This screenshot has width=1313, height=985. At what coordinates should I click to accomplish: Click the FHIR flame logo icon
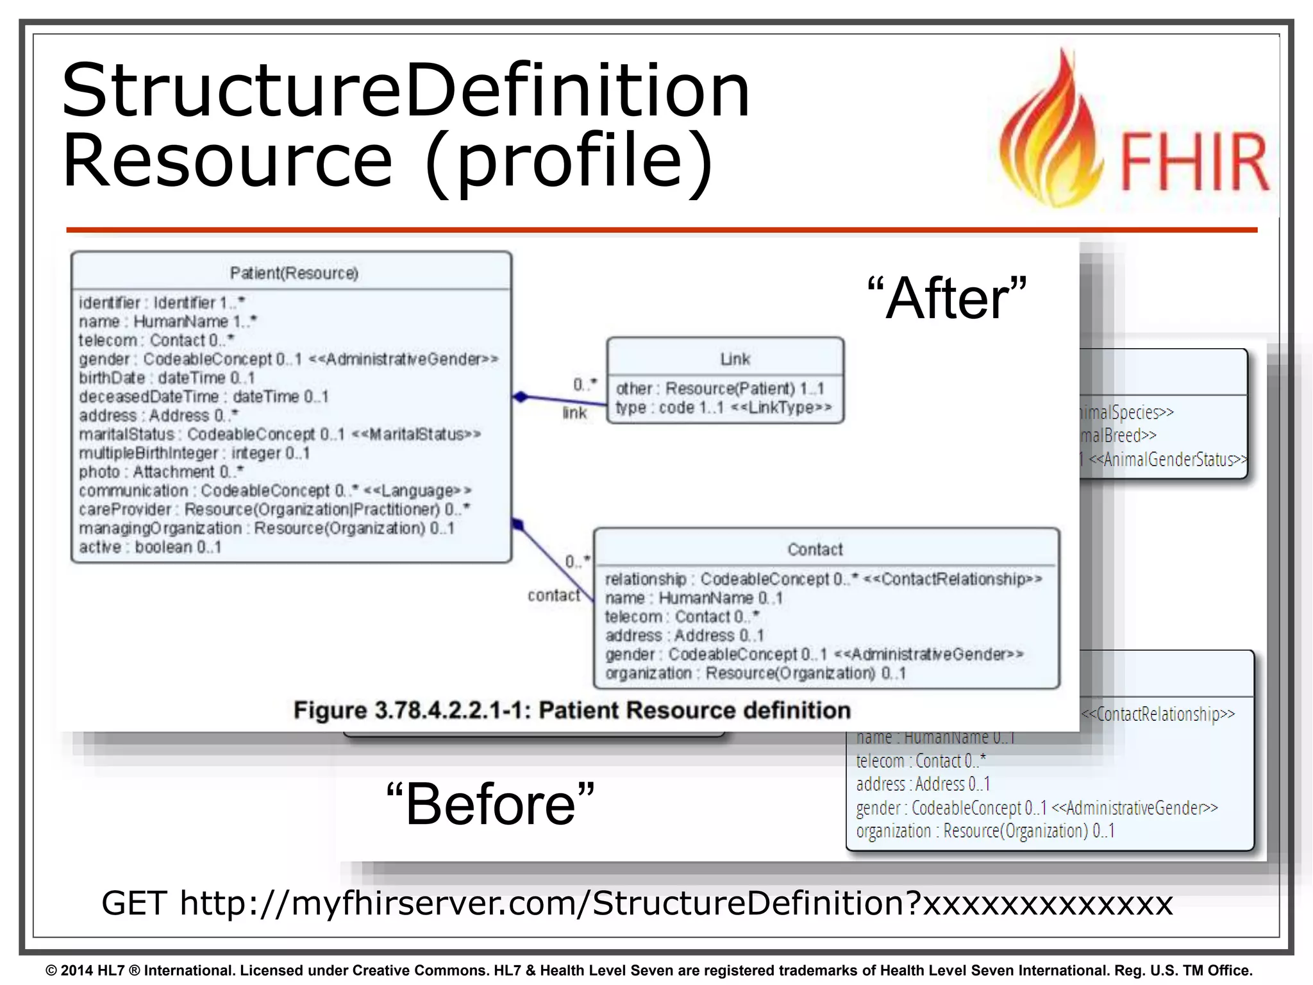[1051, 135]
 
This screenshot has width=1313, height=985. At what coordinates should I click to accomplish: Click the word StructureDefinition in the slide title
[405, 90]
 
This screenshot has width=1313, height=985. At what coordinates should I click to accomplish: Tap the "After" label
[946, 298]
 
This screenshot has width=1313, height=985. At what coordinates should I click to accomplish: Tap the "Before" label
[490, 805]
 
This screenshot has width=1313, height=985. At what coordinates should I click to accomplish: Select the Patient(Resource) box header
[294, 273]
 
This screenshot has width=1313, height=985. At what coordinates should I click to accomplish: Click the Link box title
[735, 359]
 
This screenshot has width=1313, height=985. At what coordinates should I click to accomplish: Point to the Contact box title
[815, 550]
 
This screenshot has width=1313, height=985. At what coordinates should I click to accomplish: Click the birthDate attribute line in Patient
[167, 378]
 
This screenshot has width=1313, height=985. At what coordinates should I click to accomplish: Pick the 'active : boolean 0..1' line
[150, 547]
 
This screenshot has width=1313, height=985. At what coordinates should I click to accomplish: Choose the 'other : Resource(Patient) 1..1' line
[719, 389]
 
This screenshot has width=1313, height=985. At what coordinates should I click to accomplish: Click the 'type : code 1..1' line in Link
[723, 407]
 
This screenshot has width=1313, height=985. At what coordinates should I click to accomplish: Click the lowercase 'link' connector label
[574, 413]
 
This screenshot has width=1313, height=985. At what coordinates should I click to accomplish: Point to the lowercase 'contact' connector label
[553, 596]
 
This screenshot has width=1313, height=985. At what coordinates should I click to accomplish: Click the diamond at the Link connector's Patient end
[521, 397]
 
